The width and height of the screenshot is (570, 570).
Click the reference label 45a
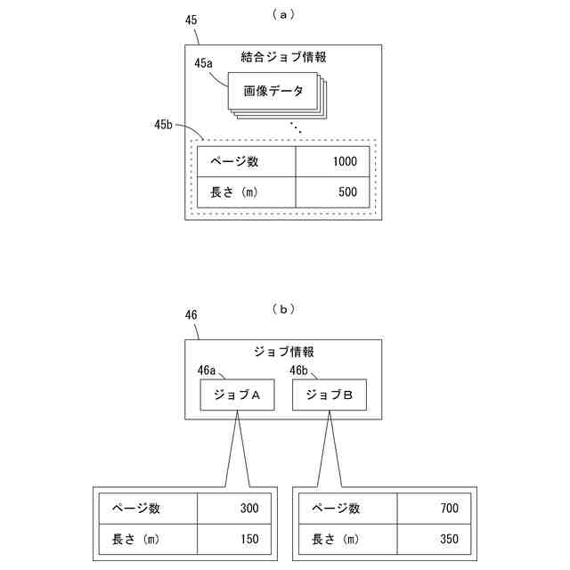pyautogui.click(x=204, y=63)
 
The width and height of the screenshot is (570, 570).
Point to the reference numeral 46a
pyautogui.click(x=207, y=370)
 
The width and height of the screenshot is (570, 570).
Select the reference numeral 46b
pyautogui.click(x=300, y=370)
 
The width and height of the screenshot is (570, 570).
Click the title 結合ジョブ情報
pyautogui.click(x=283, y=57)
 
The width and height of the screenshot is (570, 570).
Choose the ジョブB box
pyautogui.click(x=329, y=395)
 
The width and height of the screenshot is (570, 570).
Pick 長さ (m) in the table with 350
pyautogui.click(x=337, y=538)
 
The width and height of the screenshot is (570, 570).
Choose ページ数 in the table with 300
pyautogui.click(x=135, y=509)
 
